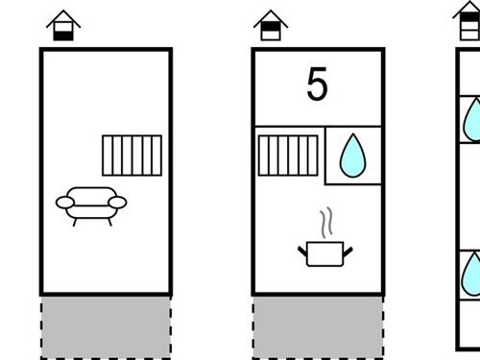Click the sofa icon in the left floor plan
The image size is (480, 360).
click(91, 205)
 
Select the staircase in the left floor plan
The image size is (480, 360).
click(132, 156)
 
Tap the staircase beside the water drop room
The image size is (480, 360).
click(288, 156)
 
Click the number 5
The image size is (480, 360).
click(317, 84)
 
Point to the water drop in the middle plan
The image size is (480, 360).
click(352, 156)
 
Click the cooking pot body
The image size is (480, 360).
click(324, 254)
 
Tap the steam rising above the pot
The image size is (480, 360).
click(326, 223)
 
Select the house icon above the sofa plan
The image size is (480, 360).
click(63, 25)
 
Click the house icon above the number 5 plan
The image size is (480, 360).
click(271, 25)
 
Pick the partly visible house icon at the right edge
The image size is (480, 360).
click(468, 20)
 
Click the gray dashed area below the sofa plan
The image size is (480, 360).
click(106, 327)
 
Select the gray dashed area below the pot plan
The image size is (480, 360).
click(318, 327)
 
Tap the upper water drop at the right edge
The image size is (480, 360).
click(472, 120)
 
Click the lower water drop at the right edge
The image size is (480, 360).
click(471, 275)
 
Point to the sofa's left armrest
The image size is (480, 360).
click(65, 203)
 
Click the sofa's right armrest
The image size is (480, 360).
click(117, 203)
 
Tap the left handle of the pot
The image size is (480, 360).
click(302, 252)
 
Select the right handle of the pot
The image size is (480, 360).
click(348, 252)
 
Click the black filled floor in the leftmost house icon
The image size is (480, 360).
click(63, 36)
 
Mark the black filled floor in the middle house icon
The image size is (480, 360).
click(271, 27)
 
